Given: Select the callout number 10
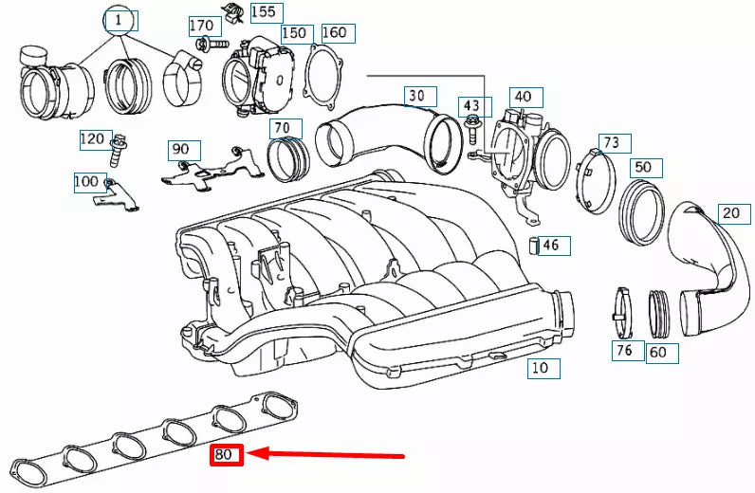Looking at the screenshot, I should [539, 368].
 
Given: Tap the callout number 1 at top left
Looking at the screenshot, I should [120, 20].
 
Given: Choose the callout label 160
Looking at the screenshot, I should [334, 32].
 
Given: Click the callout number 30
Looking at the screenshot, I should [417, 96].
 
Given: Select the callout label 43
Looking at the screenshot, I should [472, 104].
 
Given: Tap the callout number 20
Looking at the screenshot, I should [730, 212].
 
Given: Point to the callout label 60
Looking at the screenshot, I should [656, 354].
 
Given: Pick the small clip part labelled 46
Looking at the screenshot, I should [534, 246].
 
